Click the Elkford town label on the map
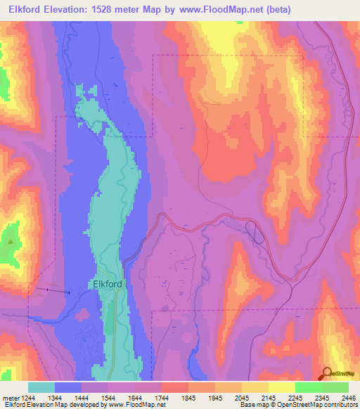click(x=108, y=285)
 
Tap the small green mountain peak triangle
click(x=11, y=241)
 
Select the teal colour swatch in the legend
click(x=41, y=387)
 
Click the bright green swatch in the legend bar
click(x=308, y=387)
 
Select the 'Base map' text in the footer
click(x=255, y=405)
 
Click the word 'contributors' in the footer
click(x=339, y=405)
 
